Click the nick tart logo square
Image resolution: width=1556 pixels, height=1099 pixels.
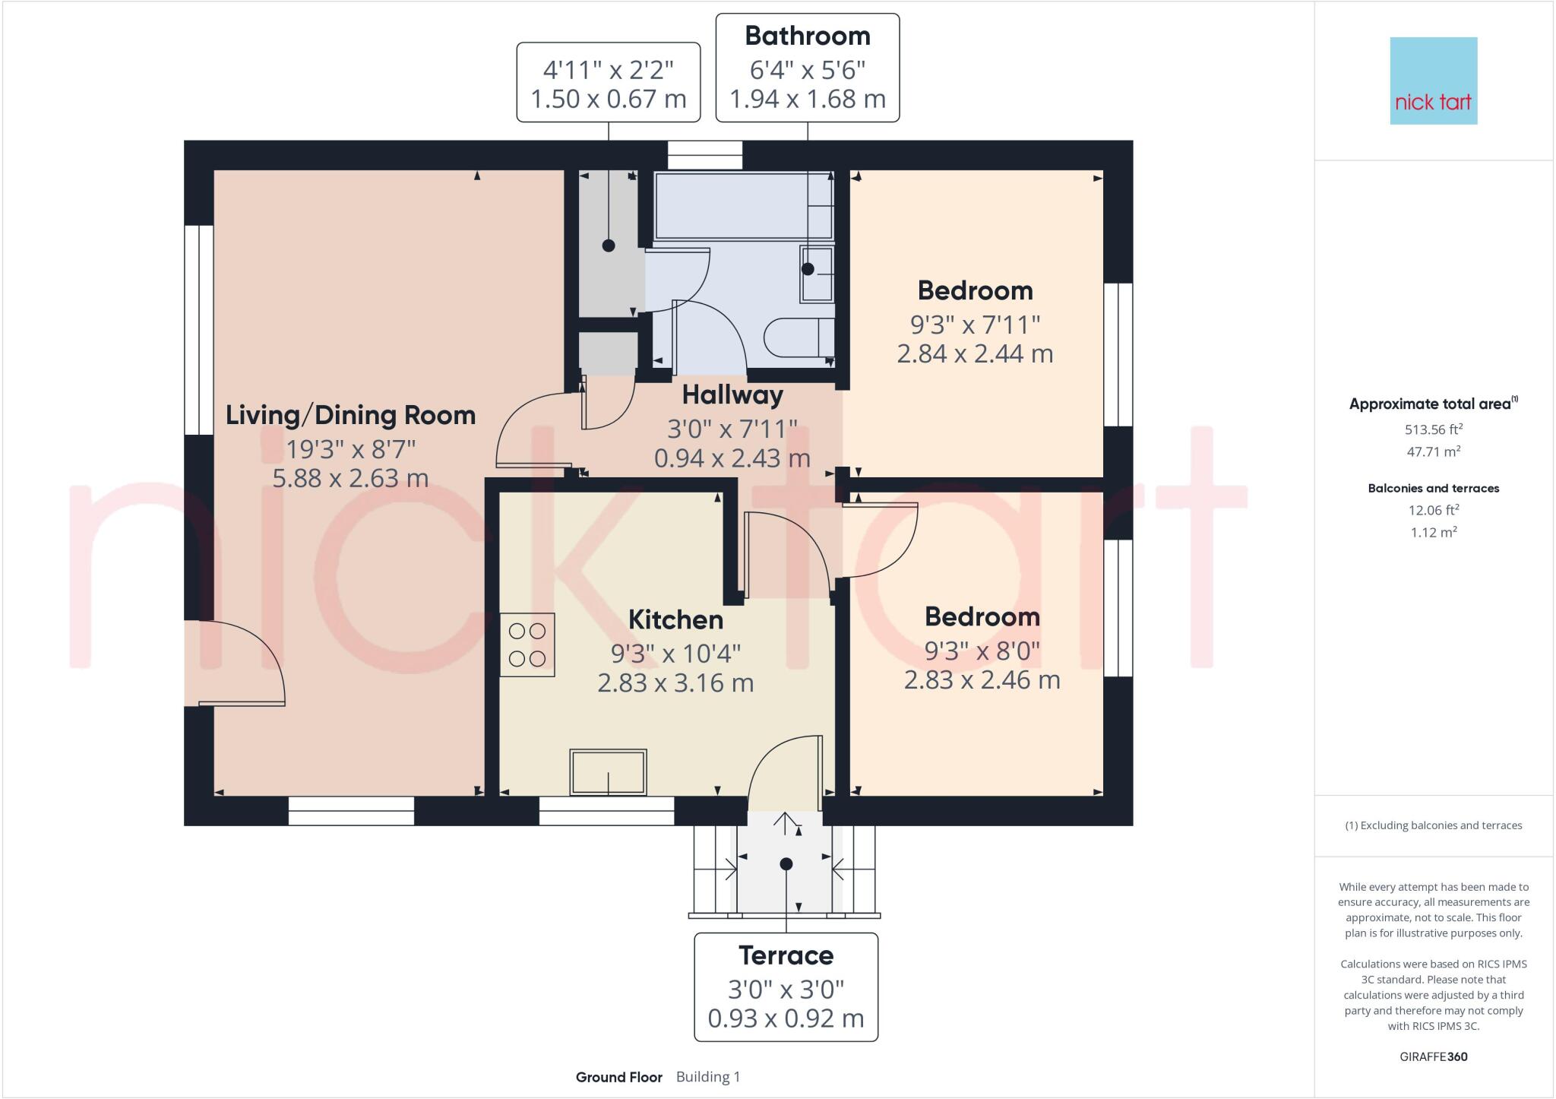click(1433, 81)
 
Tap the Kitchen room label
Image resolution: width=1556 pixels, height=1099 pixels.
click(675, 619)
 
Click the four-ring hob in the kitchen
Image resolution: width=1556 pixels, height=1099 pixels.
click(527, 645)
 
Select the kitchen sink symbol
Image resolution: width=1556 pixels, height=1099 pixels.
click(608, 772)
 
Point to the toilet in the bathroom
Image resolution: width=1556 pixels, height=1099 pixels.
click(799, 338)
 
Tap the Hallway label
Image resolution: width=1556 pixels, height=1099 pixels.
click(732, 394)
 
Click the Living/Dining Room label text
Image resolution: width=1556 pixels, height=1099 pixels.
click(350, 415)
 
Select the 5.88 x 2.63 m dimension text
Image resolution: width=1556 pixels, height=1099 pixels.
click(350, 478)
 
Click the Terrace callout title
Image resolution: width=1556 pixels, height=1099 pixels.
click(786, 955)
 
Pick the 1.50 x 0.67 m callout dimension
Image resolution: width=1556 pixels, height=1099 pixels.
click(608, 99)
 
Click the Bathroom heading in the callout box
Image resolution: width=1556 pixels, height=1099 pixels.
click(807, 36)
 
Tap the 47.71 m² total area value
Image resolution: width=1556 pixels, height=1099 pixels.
click(1433, 451)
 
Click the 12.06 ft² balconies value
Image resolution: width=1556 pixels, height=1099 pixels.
click(1433, 510)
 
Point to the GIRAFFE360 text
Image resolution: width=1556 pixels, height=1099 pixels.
click(1433, 1056)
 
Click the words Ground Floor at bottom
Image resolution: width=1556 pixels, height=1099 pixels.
click(618, 1077)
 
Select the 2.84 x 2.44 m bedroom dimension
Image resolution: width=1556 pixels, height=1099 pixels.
click(975, 353)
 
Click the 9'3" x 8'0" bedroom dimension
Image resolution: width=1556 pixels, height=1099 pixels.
click(982, 651)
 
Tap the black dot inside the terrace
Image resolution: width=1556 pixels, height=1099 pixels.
click(786, 864)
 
